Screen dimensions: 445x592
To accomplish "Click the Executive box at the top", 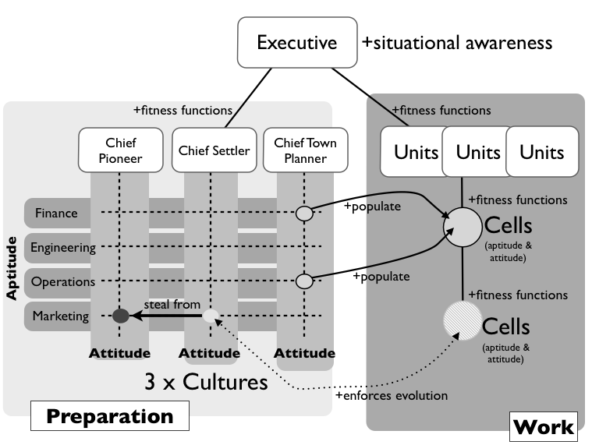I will (296, 41).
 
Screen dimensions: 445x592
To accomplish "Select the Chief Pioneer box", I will (120, 150).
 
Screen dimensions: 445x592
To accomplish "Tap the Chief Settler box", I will (213, 150).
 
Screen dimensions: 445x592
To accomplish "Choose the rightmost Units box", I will (541, 151).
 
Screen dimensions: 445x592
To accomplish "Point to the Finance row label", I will (55, 213).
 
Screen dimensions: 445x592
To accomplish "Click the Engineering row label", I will (62, 248).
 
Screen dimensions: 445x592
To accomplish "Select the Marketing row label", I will (60, 316).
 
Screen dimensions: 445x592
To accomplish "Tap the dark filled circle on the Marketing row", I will (120, 316).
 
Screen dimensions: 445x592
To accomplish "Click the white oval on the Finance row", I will (304, 213).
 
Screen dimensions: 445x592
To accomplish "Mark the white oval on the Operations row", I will (304, 281).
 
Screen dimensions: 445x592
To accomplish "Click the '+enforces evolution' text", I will (391, 396).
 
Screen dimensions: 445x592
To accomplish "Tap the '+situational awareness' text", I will (457, 42).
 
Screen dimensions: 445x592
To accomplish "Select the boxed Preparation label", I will (110, 416).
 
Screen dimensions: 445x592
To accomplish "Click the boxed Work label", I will (544, 426).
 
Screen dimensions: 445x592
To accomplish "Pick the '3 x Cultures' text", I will (206, 383).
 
